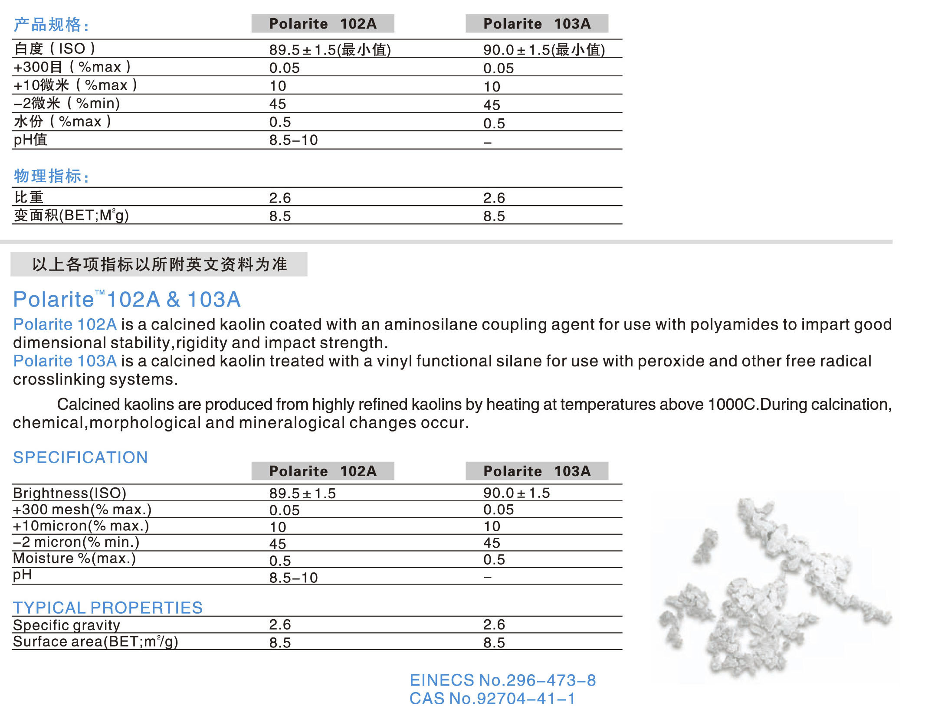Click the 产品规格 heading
(x=51, y=25)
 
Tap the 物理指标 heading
(x=51, y=176)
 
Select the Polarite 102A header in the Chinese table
(x=322, y=23)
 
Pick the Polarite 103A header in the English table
(x=537, y=471)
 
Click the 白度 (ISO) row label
(x=54, y=49)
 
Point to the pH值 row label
(x=30, y=140)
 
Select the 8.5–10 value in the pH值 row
(x=293, y=140)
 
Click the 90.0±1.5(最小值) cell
(x=544, y=50)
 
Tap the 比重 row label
(x=29, y=197)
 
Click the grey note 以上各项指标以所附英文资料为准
(x=159, y=264)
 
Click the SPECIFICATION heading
(x=80, y=457)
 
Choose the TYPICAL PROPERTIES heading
(x=108, y=608)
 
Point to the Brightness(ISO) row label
(x=69, y=493)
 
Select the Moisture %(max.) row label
(x=74, y=558)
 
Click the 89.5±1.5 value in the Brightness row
(x=302, y=493)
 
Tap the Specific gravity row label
(x=66, y=625)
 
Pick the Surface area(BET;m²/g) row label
(x=95, y=641)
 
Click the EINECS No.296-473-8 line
(x=502, y=680)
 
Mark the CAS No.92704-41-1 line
(x=492, y=699)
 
